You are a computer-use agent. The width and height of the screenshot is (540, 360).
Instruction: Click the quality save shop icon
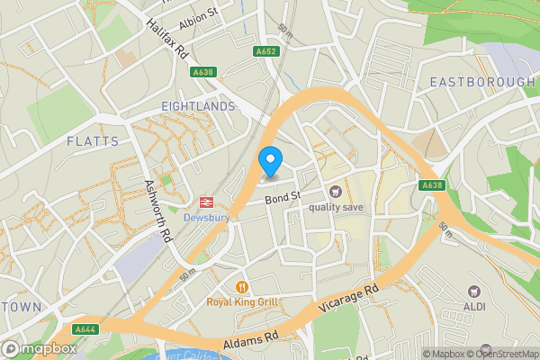point(335,191)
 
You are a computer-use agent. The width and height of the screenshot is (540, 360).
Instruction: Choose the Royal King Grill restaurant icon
point(241,286)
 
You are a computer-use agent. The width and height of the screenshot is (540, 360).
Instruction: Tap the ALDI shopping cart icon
point(473,292)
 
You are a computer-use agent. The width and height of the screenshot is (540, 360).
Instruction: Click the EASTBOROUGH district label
point(481,82)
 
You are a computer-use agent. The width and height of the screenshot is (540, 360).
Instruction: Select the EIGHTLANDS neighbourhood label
point(197,106)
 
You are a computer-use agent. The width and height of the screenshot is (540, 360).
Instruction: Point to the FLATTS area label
point(92,141)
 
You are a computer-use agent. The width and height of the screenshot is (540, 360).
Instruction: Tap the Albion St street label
point(201,14)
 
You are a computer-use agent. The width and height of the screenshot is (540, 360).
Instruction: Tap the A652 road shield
point(265,52)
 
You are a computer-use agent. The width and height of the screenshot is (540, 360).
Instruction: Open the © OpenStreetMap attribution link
point(501,354)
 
